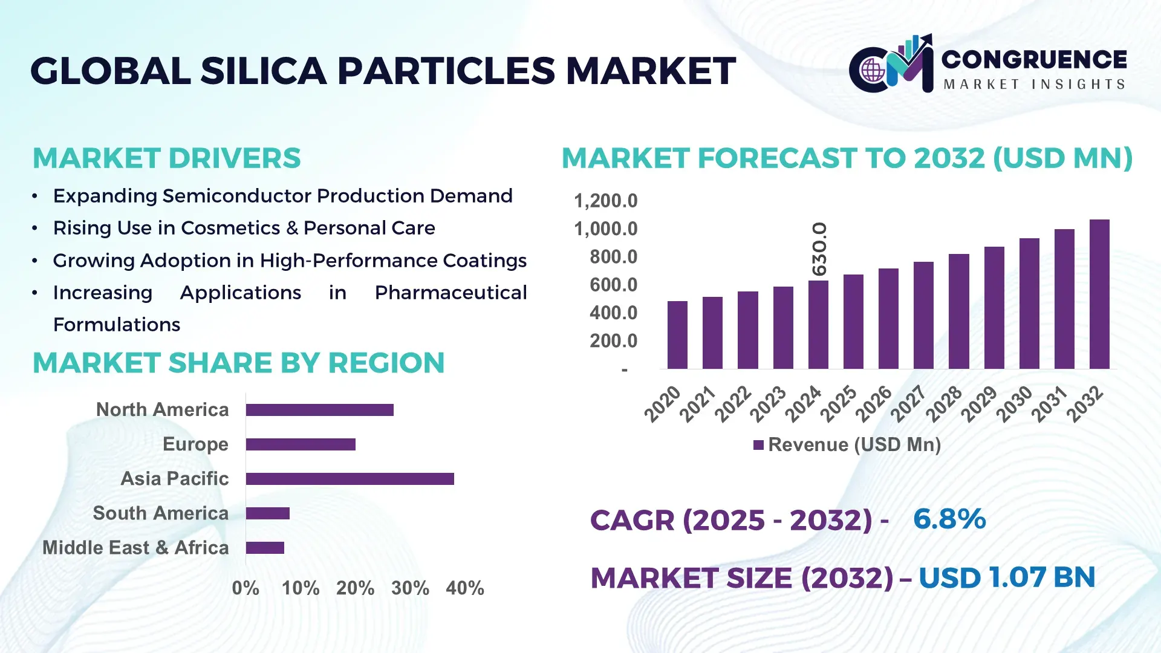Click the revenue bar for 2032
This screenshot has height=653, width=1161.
pyautogui.click(x=1099, y=294)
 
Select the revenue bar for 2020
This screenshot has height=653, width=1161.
pyautogui.click(x=677, y=335)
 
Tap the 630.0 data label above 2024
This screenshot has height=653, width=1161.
pyautogui.click(x=819, y=249)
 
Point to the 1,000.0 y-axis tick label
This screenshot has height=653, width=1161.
pyautogui.click(x=605, y=229)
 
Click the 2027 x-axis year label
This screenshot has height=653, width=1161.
pyautogui.click(x=908, y=404)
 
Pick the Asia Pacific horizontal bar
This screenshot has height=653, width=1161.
pyautogui.click(x=350, y=479)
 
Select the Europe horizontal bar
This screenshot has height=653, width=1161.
pyautogui.click(x=301, y=444)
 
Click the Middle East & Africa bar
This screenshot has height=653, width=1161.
pyautogui.click(x=265, y=548)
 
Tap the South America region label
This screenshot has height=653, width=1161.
pyautogui.click(x=160, y=513)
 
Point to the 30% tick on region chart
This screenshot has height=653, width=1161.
pyautogui.click(x=410, y=588)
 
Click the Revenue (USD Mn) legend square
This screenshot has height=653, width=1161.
pyautogui.click(x=758, y=445)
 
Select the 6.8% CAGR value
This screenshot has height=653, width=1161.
pyautogui.click(x=949, y=519)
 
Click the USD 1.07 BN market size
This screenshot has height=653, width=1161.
pyautogui.click(x=1007, y=577)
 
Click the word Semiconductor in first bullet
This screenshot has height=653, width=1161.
pyautogui.click(x=236, y=196)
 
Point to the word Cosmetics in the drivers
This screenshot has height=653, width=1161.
pyautogui.click(x=230, y=228)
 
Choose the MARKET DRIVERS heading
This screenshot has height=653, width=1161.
pyautogui.click(x=166, y=158)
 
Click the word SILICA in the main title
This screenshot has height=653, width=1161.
pyautogui.click(x=264, y=71)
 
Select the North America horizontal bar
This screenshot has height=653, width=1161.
pyautogui.click(x=319, y=410)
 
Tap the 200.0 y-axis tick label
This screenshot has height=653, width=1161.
pyautogui.click(x=613, y=341)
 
